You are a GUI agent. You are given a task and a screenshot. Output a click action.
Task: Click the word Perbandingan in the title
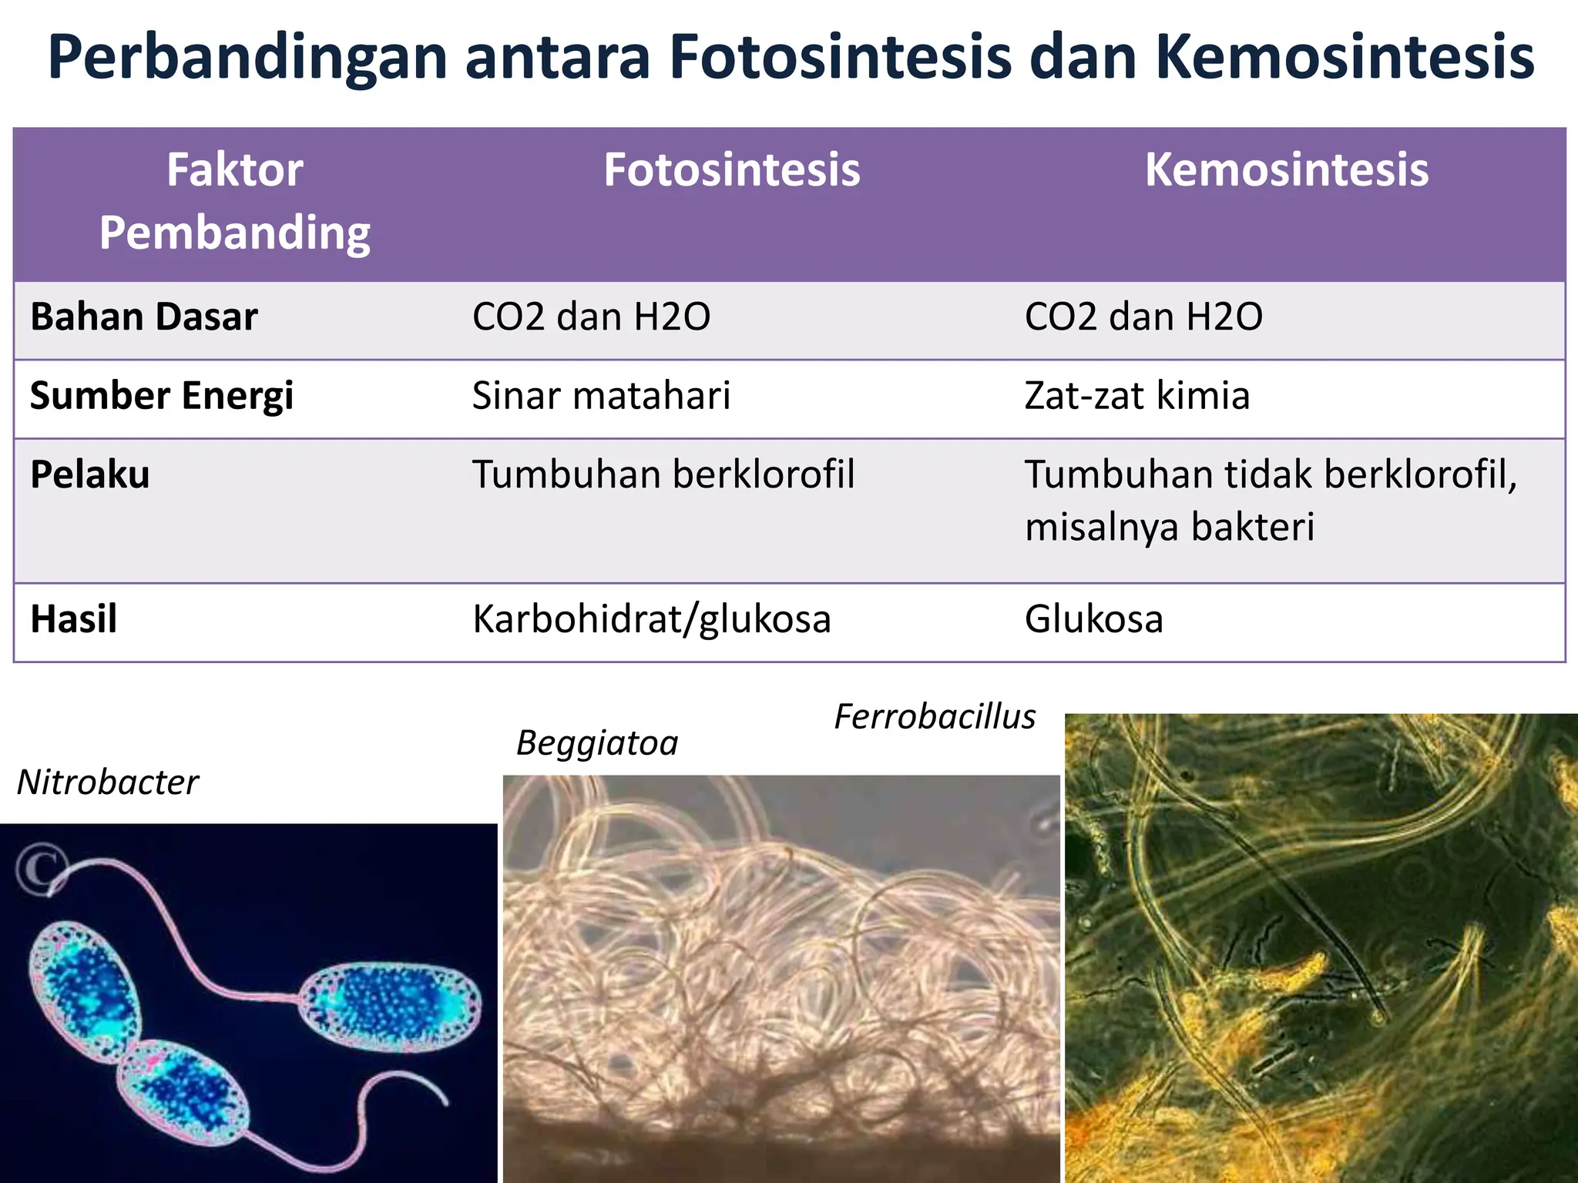247,59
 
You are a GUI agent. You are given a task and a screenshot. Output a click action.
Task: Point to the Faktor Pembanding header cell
235,201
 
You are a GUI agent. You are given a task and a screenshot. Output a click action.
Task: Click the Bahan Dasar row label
144,317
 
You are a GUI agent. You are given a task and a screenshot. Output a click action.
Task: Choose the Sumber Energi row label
162,396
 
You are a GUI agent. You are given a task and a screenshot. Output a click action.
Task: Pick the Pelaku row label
90,474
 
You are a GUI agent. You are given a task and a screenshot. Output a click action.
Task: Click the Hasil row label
74,619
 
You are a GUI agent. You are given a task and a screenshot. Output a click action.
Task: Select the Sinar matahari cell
601,396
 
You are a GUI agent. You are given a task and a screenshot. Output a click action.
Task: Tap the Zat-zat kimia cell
1136,396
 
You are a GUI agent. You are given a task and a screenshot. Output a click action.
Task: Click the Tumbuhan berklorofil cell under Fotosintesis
663,474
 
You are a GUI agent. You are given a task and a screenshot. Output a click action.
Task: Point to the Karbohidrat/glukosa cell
652,619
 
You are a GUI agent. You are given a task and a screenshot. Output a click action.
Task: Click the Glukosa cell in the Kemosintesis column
1093,619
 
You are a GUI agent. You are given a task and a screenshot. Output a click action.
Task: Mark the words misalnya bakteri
1169,528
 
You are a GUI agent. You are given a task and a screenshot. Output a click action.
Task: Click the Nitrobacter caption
108,783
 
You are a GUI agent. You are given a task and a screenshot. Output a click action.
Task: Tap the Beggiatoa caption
597,743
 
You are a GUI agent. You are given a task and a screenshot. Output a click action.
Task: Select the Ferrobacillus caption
935,717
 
